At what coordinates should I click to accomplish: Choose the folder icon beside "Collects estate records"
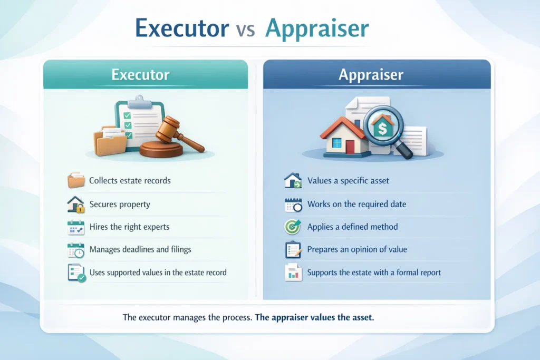(76, 181)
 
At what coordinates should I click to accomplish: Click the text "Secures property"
(120, 204)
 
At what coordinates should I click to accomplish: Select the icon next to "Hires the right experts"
(76, 227)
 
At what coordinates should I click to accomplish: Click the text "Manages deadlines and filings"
(140, 249)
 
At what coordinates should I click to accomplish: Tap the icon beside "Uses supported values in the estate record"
(76, 273)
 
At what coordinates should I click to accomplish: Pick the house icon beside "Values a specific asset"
(293, 181)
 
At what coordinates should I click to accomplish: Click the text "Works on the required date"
(356, 204)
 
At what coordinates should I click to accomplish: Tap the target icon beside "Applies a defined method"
(293, 227)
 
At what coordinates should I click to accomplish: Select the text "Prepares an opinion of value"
(357, 249)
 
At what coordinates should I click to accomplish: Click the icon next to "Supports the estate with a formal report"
(293, 273)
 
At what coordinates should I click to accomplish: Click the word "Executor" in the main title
(180, 30)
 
